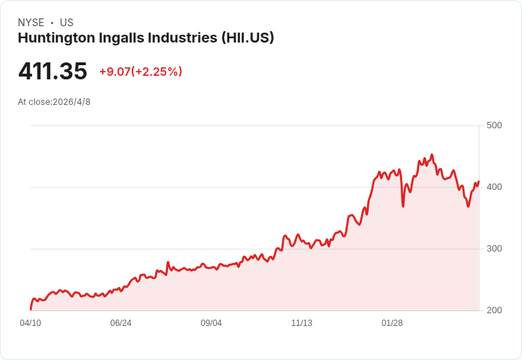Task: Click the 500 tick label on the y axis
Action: point(494,125)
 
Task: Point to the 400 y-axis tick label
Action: point(494,187)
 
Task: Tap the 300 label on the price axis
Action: point(494,249)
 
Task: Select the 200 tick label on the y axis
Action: point(494,310)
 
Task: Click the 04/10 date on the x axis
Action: point(30,323)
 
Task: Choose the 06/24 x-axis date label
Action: point(121,323)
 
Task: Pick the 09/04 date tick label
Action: point(211,323)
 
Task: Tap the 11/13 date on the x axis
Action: point(301,323)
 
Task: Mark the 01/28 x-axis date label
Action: point(391,323)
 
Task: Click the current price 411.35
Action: point(52,71)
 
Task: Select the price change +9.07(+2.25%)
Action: point(141,72)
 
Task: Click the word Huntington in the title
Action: point(57,38)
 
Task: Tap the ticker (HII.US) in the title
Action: point(248,38)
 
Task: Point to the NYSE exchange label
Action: point(31,23)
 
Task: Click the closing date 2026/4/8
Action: point(72,102)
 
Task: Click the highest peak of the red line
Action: point(432,154)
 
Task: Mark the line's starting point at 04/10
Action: point(31,309)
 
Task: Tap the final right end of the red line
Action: point(479,181)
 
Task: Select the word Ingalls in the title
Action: point(121,38)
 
